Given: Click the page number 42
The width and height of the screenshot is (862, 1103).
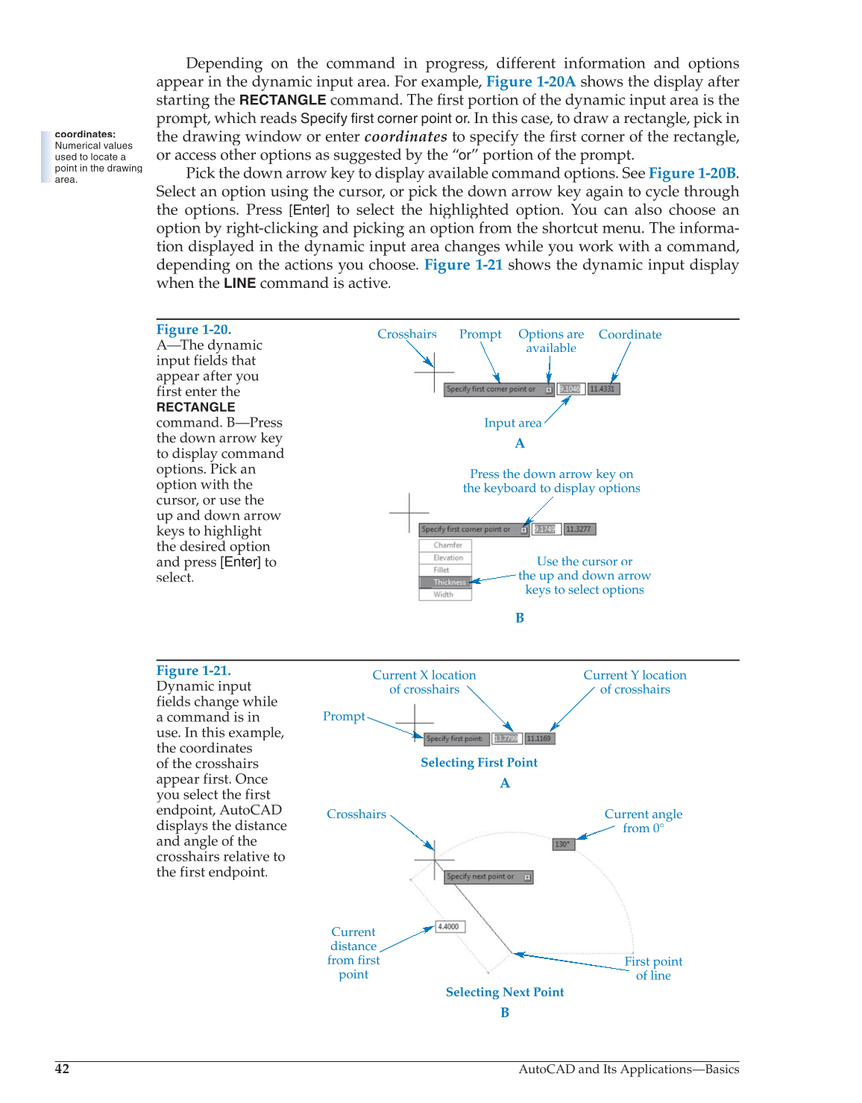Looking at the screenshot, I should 62,1069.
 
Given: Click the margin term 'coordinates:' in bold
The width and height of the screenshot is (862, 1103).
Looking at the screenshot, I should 85,134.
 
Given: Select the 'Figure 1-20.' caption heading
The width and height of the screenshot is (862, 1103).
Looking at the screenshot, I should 194,330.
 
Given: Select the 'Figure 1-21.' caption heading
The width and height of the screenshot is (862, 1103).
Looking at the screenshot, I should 194,670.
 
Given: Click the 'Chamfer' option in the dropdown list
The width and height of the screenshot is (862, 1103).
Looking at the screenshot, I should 447,545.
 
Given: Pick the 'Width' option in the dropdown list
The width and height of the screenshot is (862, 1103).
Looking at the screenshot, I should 444,594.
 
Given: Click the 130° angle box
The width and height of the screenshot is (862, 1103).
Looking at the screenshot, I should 563,844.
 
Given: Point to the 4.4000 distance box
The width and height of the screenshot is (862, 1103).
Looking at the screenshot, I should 450,926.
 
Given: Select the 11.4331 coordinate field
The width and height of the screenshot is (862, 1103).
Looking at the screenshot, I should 603,389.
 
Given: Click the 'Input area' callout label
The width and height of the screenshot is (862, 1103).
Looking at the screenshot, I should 512,423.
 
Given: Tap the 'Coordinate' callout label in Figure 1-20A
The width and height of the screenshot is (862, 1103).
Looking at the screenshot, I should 629,335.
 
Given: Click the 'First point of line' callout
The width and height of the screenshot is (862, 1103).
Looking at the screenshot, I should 653,968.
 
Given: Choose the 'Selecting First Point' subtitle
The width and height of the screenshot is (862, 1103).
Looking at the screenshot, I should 479,762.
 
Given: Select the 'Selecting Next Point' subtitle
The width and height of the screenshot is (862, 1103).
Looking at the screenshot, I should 505,992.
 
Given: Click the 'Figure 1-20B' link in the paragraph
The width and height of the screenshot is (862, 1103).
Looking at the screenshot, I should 692,173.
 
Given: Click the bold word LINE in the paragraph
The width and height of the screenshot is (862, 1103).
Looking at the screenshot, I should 239,283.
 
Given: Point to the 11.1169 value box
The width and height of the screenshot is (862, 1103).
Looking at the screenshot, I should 539,738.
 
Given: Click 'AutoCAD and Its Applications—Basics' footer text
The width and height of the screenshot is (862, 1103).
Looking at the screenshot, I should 629,1069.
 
